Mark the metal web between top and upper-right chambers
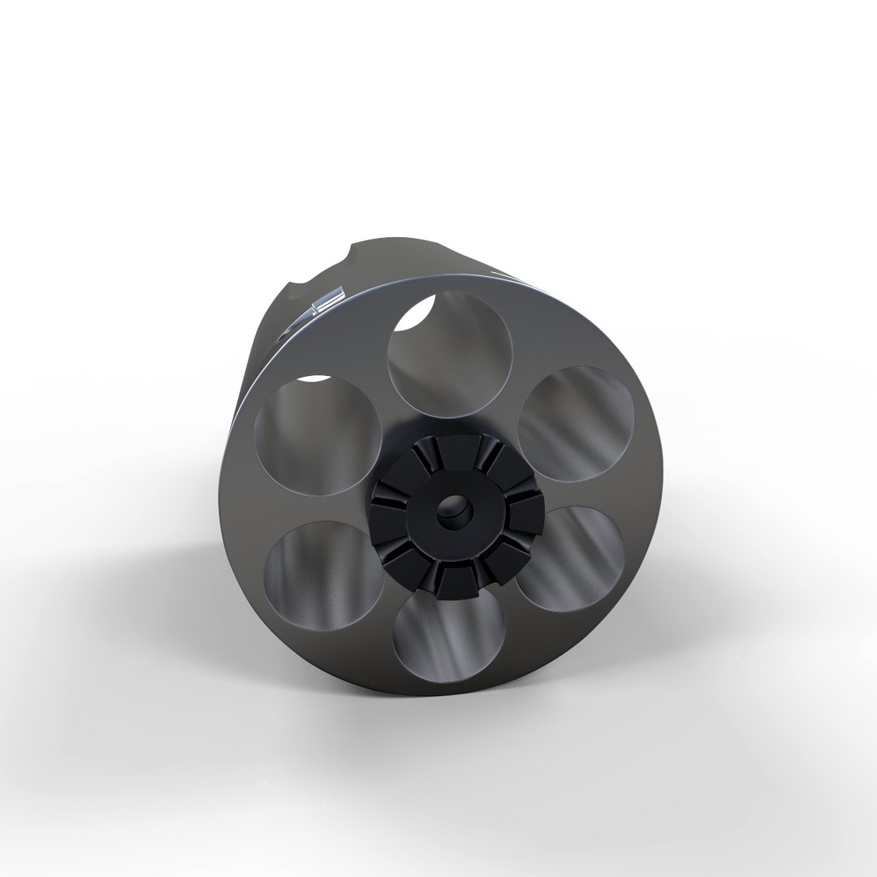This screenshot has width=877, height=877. tap(520, 369)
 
